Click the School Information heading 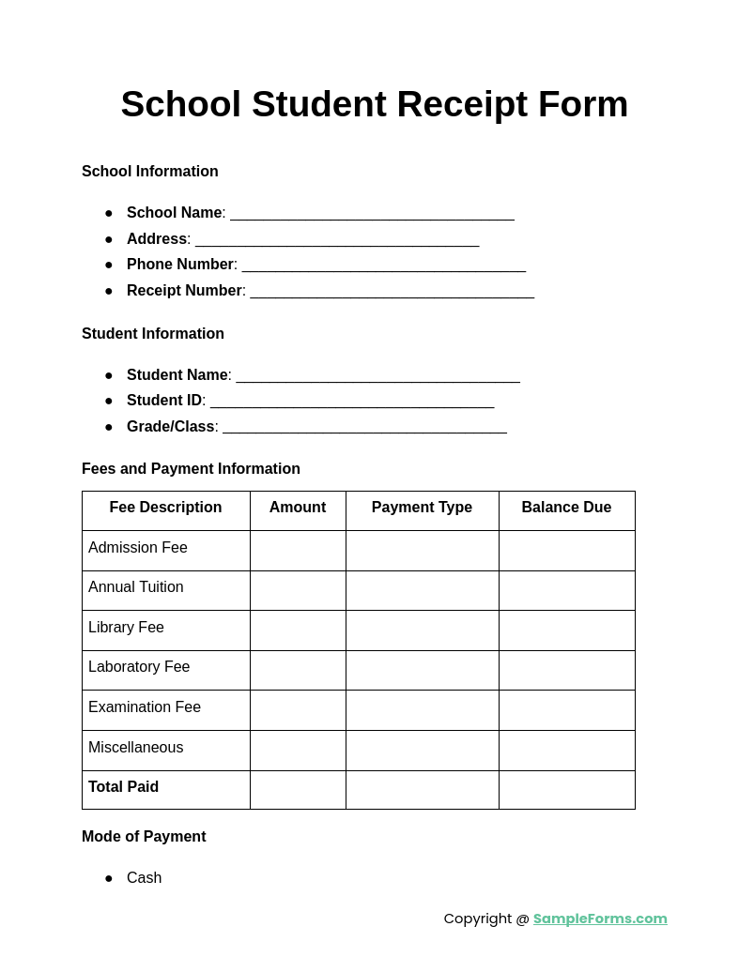(150, 172)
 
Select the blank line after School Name (372, 215)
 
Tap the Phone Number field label (180, 265)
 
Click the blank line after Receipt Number (392, 293)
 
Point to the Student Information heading (153, 334)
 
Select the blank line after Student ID (352, 402)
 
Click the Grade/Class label (170, 427)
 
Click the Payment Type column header (422, 508)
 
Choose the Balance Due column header (566, 508)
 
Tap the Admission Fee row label (138, 548)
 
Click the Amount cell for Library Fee (298, 630)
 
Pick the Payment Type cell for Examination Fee (422, 710)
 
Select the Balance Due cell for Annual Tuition (566, 590)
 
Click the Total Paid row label (123, 787)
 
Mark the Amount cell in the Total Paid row (298, 790)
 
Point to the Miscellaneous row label (136, 748)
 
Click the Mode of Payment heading (144, 837)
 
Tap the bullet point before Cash (109, 879)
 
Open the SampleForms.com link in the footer (600, 919)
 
